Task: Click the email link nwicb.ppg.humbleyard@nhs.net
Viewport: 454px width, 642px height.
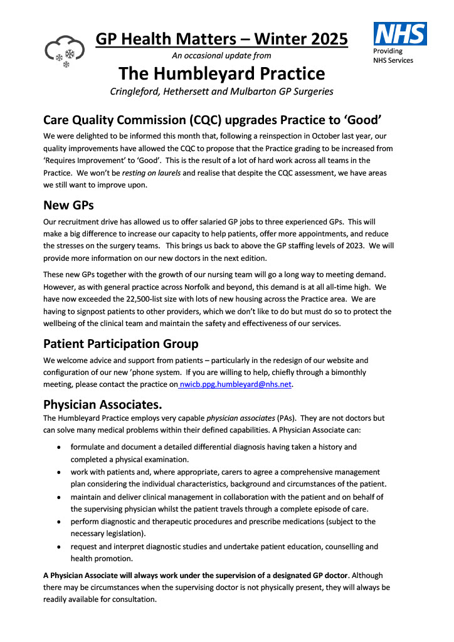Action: click(236, 384)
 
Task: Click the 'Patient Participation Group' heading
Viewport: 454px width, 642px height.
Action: click(120, 344)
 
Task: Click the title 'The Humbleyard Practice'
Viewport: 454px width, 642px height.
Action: click(222, 74)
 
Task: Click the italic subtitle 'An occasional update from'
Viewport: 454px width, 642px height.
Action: click(221, 56)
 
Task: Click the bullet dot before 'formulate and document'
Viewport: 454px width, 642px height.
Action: click(58, 448)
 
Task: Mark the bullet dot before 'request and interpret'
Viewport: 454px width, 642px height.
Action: click(58, 547)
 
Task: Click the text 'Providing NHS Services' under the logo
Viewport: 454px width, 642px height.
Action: click(393, 55)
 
